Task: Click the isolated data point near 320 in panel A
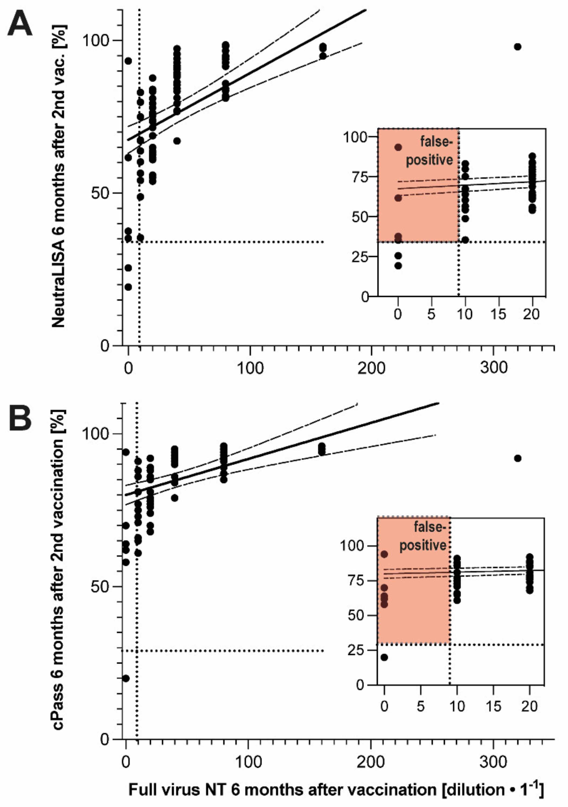(x=517, y=47)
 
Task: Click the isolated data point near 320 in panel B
(x=517, y=458)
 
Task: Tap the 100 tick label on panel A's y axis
(x=96, y=40)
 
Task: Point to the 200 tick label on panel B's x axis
(x=371, y=762)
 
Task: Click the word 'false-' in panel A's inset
(x=435, y=141)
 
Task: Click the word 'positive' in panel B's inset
(x=423, y=546)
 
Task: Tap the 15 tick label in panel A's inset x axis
(x=499, y=314)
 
